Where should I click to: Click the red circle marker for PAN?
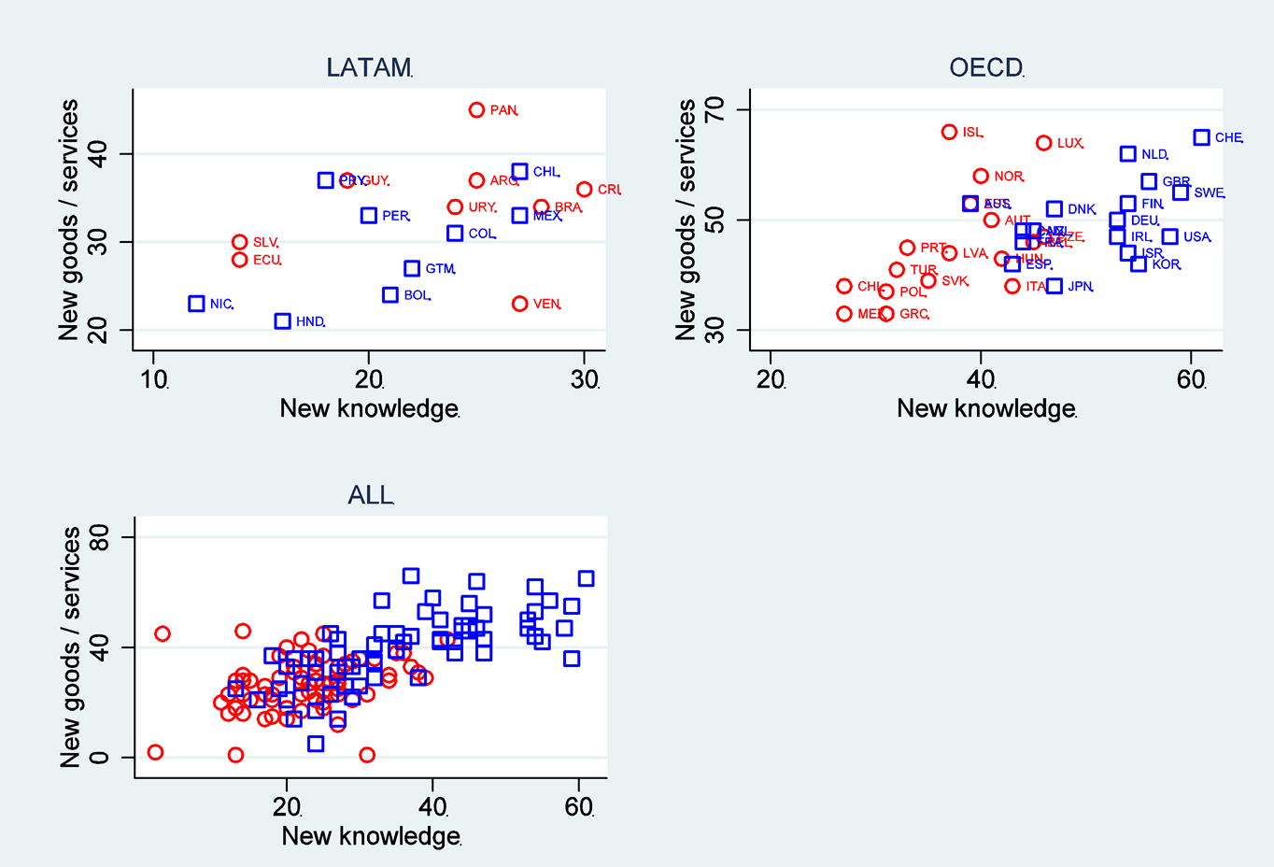click(476, 110)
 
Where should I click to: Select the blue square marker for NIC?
click(196, 304)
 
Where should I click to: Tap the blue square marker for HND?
click(283, 321)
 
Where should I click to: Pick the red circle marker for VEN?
click(520, 304)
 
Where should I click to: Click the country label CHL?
click(545, 172)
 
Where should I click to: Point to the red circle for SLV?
click(240, 242)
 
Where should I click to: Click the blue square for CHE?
click(1202, 137)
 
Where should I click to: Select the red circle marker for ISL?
click(950, 132)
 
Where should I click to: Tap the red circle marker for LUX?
click(1044, 143)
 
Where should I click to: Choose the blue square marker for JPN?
click(1055, 286)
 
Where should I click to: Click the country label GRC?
click(913, 314)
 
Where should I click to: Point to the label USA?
click(1196, 237)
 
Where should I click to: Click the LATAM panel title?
click(369, 68)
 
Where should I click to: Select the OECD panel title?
click(985, 68)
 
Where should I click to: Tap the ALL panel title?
click(371, 495)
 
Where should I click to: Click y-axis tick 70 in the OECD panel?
click(715, 110)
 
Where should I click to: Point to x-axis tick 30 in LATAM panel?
click(585, 380)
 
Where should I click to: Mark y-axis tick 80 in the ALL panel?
click(99, 537)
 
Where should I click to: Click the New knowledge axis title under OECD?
click(985, 409)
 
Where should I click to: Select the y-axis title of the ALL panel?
click(71, 647)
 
